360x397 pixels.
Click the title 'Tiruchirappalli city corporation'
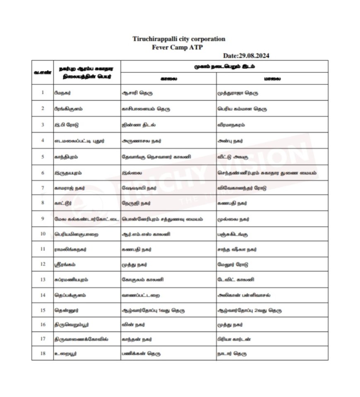179,39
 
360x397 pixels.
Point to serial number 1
43,93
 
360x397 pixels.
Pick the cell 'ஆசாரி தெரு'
137,93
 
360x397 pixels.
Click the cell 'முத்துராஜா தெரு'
238,93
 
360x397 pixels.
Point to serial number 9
43,219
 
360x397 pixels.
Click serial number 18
43,354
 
